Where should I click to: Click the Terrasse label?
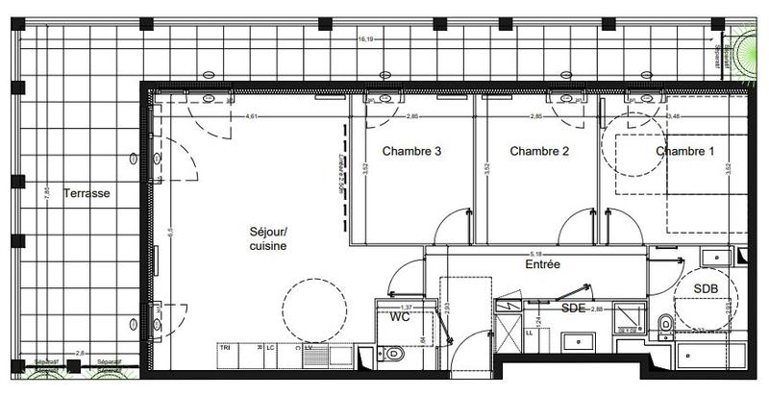point(87,193)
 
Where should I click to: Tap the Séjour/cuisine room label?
point(268,238)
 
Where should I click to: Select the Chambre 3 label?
point(411,152)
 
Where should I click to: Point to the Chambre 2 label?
point(539,152)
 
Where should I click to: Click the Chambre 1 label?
point(685,152)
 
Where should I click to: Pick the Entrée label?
point(542,263)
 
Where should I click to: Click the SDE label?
point(574,308)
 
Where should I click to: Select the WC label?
point(401,315)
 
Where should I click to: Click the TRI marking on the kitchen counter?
point(225,347)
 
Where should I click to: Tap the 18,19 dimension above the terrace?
point(365,40)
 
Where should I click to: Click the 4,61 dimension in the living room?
point(253,116)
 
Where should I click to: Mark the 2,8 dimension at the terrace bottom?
point(81,354)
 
